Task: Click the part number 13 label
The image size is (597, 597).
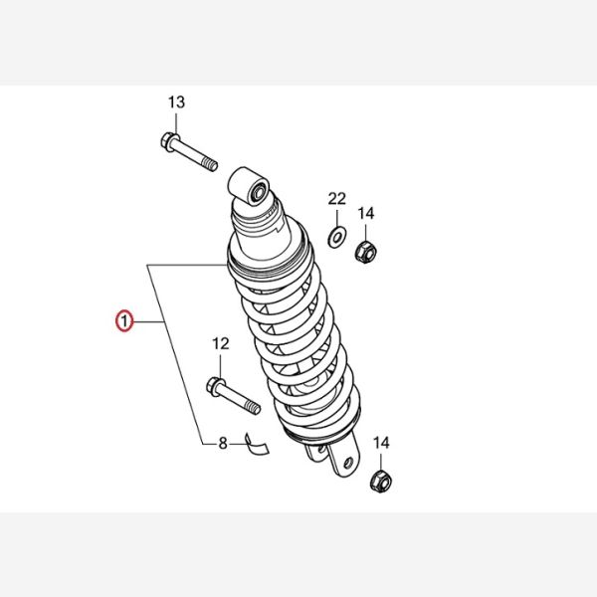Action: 177,102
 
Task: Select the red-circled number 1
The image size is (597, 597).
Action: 124,321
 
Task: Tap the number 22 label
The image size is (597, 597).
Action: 337,199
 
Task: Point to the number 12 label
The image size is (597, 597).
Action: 221,344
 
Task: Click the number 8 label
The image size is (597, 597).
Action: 223,444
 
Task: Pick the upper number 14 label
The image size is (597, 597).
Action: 366,213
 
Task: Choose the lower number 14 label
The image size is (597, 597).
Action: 381,443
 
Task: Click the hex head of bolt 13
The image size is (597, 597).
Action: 168,141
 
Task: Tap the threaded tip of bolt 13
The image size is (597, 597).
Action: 210,164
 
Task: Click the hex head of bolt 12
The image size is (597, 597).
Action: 214,385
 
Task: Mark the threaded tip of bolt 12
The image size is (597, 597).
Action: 253,407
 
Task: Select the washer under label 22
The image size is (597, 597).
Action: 337,237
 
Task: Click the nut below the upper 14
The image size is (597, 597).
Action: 366,252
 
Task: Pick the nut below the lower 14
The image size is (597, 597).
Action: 381,482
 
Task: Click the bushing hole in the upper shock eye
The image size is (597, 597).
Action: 259,192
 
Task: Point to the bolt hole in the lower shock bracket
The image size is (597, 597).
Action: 347,463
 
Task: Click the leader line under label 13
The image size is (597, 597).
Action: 176,121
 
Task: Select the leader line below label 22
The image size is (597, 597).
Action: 337,217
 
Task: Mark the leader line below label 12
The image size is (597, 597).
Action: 221,364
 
